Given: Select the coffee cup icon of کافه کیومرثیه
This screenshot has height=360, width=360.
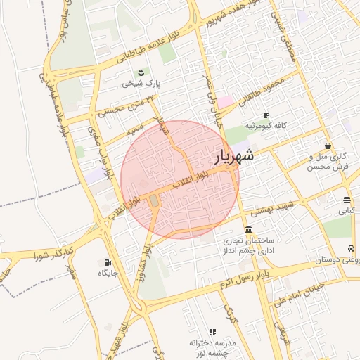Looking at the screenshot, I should click(266, 115).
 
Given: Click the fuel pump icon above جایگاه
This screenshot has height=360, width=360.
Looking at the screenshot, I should click(108, 262).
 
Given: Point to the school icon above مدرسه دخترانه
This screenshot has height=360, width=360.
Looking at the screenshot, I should click(212, 332).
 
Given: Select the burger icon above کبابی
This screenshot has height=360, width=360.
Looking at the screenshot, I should click(347, 200).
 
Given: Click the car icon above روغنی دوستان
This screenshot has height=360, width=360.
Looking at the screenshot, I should click(350, 248).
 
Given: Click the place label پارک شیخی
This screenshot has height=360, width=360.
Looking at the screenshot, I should click(141, 84).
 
